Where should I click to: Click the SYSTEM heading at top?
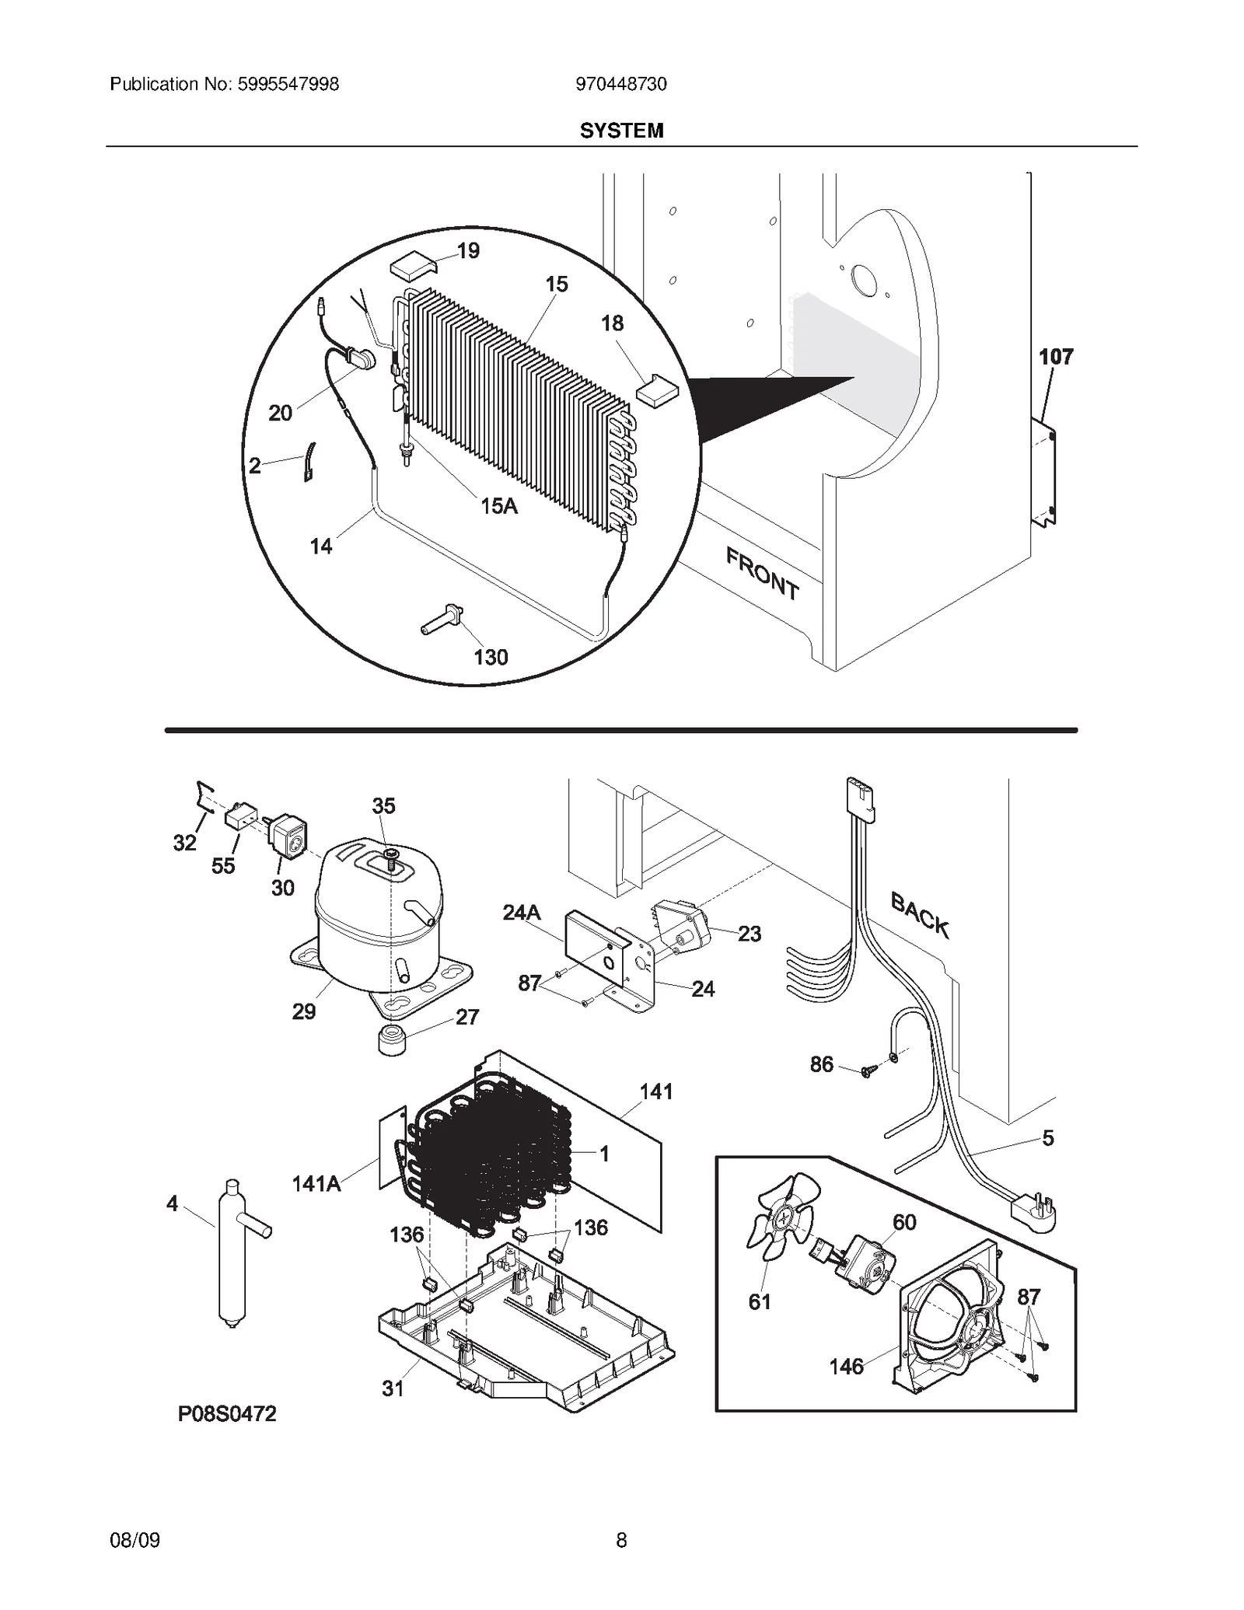click(621, 131)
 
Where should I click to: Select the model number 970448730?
click(621, 84)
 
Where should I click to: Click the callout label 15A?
click(498, 506)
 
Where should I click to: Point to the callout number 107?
click(1056, 357)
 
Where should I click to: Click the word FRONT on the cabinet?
click(762, 574)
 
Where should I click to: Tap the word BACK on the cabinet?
click(920, 916)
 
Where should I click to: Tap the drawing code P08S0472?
click(227, 1414)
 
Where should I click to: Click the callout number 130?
click(491, 658)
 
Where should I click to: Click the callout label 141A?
click(316, 1184)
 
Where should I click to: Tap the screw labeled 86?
click(868, 1071)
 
